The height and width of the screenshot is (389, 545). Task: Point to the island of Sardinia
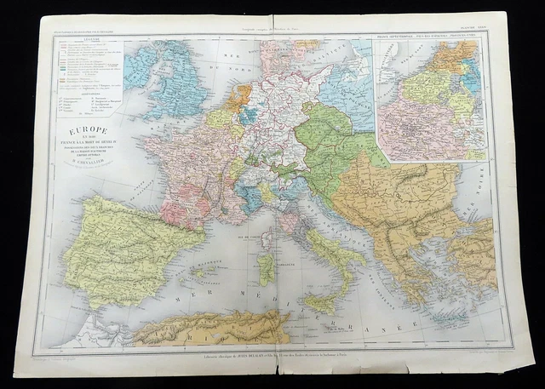(x=267, y=270)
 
